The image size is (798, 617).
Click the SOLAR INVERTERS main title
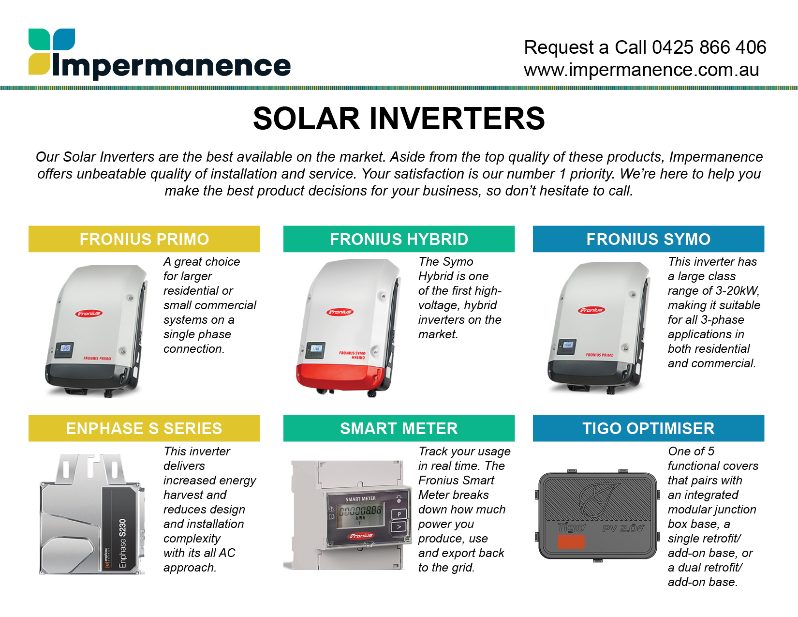pyautogui.click(x=399, y=119)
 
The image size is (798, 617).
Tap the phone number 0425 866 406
pyautogui.click(x=709, y=47)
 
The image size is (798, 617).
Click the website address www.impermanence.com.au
pyautogui.click(x=641, y=70)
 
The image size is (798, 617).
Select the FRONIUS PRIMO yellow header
pyautogui.click(x=144, y=239)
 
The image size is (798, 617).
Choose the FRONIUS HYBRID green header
pyautogui.click(x=399, y=239)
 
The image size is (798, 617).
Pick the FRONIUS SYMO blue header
pyautogui.click(x=649, y=239)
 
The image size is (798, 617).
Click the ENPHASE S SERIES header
pyautogui.click(x=144, y=428)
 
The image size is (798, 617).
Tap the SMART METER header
pyautogui.click(x=399, y=428)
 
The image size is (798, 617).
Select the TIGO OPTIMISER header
pyautogui.click(x=649, y=428)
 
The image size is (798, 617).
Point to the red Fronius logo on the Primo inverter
pyautogui.click(x=89, y=314)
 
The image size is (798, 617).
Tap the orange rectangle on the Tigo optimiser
pyautogui.click(x=571, y=542)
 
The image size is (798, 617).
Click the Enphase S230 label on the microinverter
pyautogui.click(x=122, y=543)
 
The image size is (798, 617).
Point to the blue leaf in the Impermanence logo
pyautogui.click(x=64, y=39)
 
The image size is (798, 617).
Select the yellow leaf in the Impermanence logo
pyautogui.click(x=39, y=64)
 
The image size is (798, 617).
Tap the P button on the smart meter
pyautogui.click(x=399, y=514)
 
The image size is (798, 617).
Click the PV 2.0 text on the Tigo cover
pyautogui.click(x=623, y=528)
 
